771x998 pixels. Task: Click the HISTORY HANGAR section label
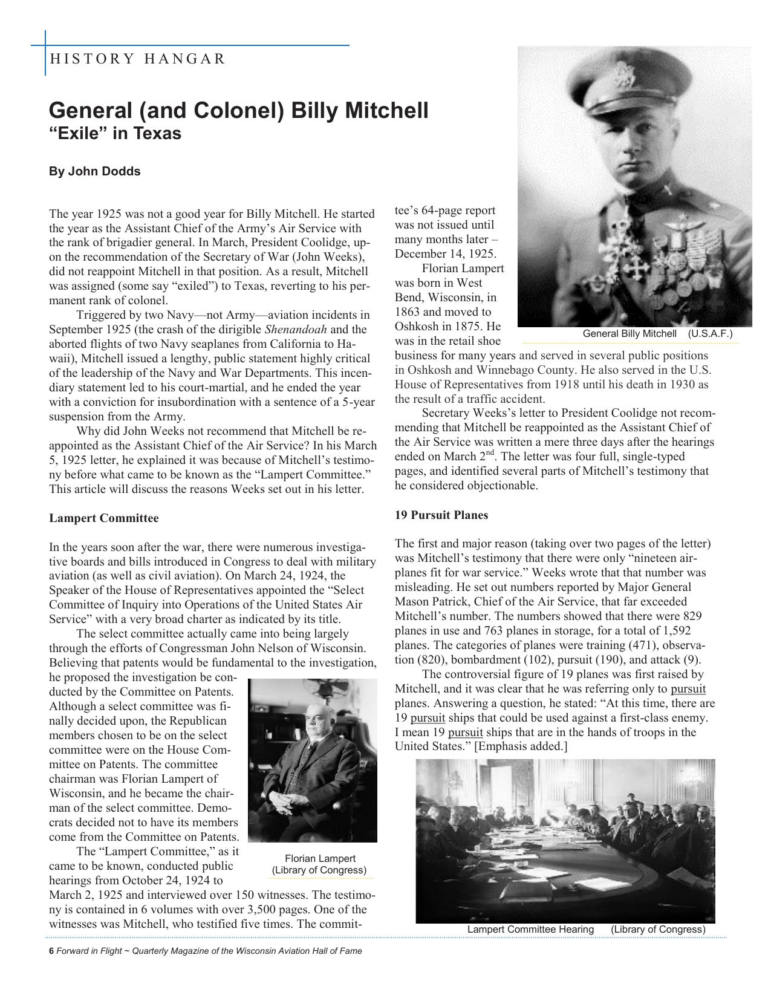coord(137,59)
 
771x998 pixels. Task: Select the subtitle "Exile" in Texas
coord(115,133)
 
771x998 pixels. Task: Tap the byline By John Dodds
coord(94,171)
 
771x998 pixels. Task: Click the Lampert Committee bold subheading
coord(103,518)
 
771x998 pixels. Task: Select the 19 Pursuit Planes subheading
coord(441,515)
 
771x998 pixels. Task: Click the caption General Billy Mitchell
coord(629,334)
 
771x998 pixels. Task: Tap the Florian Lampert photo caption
coord(319,864)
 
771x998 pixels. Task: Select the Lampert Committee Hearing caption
coord(530,929)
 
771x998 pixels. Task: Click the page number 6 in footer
coord(51,951)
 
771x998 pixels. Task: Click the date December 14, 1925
coord(445,254)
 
